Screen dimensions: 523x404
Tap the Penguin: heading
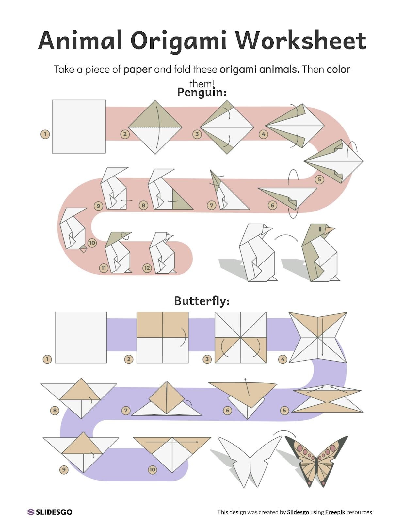pos(202,93)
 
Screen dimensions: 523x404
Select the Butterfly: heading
pos(202,301)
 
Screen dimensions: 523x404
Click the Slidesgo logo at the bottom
pos(50,512)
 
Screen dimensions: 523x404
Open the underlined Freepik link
pos(335,512)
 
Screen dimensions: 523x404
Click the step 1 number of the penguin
pos(45,134)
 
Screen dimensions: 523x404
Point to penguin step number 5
pos(319,179)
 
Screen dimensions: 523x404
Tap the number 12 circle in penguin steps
pos(147,268)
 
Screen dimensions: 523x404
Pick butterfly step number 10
pos(153,470)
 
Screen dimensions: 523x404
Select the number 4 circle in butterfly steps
pos(283,359)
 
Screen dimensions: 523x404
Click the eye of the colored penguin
pos(320,228)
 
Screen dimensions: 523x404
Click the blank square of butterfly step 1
pos(81,337)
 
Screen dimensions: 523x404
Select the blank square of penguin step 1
pos(79,127)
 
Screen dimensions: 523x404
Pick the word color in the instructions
pos(338,69)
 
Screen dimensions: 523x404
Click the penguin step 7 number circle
pos(212,205)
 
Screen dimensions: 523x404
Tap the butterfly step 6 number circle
pos(228,411)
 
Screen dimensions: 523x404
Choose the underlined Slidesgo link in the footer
pos(298,512)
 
